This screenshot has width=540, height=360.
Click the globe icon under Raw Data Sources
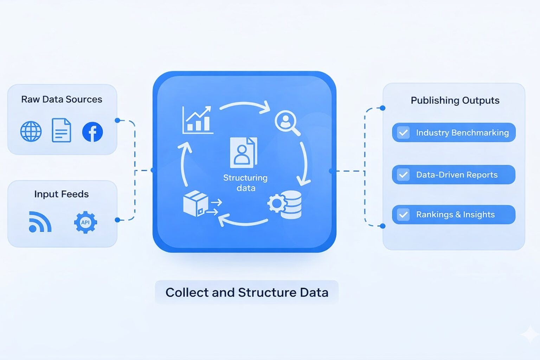click(31, 131)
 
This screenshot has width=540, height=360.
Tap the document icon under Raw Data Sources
click(62, 130)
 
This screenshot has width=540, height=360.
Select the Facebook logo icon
click(92, 132)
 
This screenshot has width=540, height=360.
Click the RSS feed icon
click(40, 222)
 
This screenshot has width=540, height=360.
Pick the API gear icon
click(85, 222)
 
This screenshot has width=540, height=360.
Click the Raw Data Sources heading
click(62, 99)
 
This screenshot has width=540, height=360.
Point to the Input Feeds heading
click(61, 194)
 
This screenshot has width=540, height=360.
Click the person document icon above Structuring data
click(243, 153)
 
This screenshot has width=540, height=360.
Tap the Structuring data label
click(245, 183)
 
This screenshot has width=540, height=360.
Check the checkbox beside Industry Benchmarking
click(403, 133)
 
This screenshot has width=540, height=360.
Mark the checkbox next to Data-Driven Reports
click(403, 175)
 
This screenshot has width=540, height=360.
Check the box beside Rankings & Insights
click(403, 214)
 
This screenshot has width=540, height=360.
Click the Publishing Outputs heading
click(455, 101)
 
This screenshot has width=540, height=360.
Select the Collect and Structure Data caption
click(247, 292)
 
